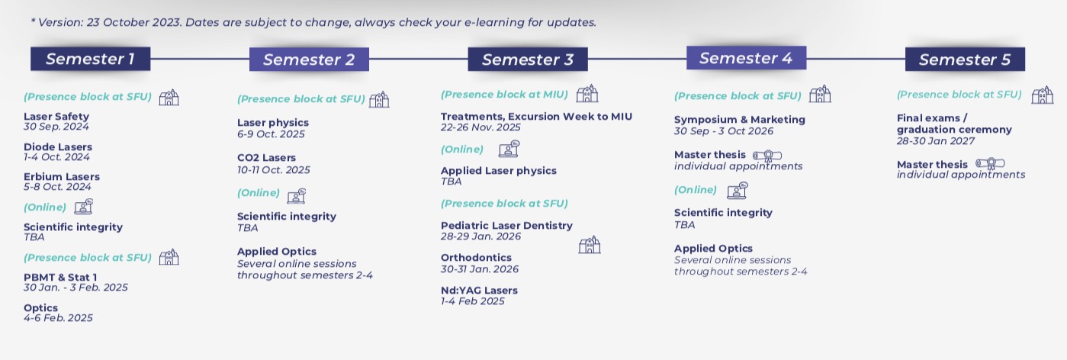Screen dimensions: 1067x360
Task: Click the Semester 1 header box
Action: click(91, 59)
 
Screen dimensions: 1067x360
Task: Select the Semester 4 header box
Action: click(747, 58)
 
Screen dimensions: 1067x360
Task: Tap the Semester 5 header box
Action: click(965, 59)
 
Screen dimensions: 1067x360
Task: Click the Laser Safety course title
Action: click(56, 116)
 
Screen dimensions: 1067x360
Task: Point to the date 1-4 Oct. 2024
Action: click(56, 157)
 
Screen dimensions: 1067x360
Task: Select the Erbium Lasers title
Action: click(62, 176)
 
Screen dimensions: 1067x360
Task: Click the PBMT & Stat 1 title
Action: click(60, 277)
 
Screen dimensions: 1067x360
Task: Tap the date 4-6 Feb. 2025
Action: click(58, 317)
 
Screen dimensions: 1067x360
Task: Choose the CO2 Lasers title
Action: click(266, 158)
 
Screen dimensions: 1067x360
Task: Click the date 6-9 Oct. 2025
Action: click(271, 133)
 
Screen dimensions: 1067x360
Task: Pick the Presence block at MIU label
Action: click(504, 95)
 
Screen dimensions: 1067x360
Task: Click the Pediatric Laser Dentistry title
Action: click(507, 225)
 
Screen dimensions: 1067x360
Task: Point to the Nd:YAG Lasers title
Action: click(479, 290)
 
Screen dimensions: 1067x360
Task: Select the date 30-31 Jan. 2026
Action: click(480, 269)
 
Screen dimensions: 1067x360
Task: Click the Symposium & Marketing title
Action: click(740, 120)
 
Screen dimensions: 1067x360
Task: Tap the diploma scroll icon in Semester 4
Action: click(767, 156)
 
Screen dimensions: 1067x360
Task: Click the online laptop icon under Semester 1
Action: click(83, 207)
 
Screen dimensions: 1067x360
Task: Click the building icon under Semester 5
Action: click(1043, 95)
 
